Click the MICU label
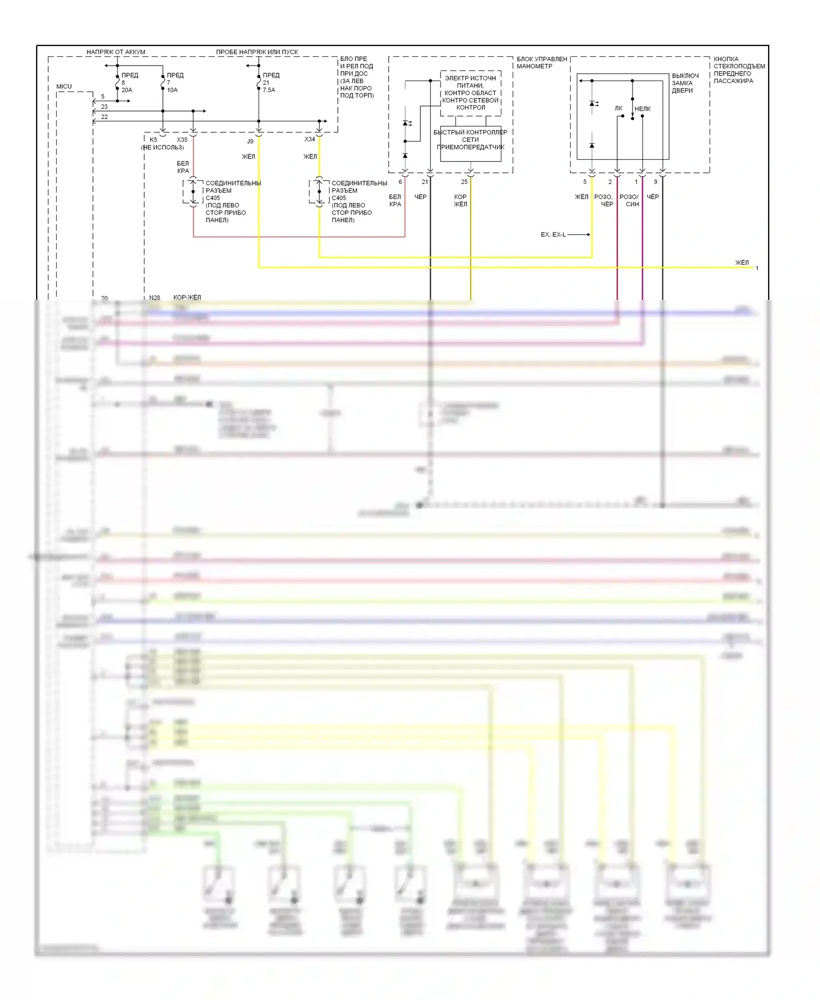64,86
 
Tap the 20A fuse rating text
127,90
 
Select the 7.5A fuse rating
269,90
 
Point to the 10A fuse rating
172,90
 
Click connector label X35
182,139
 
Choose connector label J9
250,141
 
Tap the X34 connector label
309,139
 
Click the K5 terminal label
154,139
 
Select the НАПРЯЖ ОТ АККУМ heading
116,52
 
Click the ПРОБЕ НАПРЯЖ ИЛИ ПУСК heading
257,52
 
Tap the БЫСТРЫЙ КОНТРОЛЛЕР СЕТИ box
471,143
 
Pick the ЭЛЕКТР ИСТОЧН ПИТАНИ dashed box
471,93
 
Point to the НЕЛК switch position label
642,109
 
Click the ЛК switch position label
618,108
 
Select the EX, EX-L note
553,235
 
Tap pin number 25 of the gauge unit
464,182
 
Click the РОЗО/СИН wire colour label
629,200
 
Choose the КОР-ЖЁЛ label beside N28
187,298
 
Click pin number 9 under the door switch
655,182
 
